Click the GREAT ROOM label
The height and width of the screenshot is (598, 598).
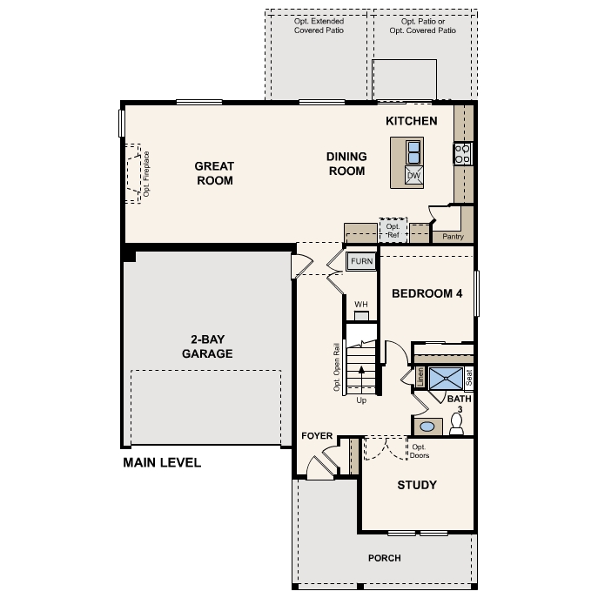(x=214, y=173)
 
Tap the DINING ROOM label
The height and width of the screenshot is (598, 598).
(x=346, y=164)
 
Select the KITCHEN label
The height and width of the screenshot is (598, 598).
(x=412, y=121)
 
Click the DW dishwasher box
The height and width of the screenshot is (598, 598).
(x=414, y=176)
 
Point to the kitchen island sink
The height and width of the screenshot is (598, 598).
(x=413, y=152)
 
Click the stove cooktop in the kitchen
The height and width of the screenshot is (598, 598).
(x=462, y=155)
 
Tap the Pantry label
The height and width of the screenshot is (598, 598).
(x=453, y=236)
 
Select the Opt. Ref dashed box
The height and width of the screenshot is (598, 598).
(x=393, y=230)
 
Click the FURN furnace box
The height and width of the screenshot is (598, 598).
(x=361, y=261)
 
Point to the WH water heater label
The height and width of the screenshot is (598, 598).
(x=361, y=304)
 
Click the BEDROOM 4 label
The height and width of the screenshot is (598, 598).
(x=427, y=293)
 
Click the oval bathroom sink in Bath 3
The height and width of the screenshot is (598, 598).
(x=427, y=427)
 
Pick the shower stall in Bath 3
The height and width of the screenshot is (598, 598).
(x=446, y=378)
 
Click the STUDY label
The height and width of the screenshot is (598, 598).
(x=417, y=485)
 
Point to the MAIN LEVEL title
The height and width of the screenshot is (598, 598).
(x=162, y=462)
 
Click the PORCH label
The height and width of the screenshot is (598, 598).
(x=384, y=558)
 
